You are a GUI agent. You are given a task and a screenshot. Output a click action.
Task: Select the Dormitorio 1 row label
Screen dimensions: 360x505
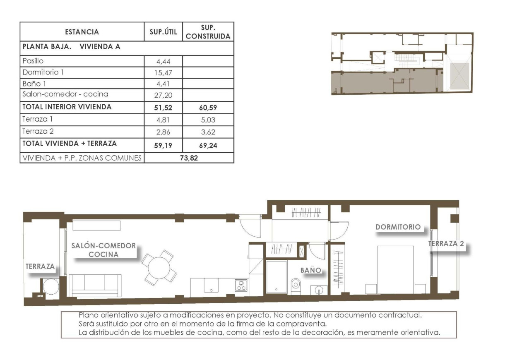coord(43,72)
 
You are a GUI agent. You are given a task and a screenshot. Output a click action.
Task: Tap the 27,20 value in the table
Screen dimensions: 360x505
coord(163,95)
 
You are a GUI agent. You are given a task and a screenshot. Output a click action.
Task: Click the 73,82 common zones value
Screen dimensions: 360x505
coord(189,158)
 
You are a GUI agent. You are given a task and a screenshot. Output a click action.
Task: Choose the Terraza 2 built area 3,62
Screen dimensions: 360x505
coord(208,132)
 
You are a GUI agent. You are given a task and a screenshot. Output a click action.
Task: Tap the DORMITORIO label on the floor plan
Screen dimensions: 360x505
coord(398,227)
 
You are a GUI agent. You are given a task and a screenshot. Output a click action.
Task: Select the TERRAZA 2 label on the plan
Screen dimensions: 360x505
coord(446,244)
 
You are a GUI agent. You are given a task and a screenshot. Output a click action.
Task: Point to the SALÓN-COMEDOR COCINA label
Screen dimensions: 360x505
coord(103,250)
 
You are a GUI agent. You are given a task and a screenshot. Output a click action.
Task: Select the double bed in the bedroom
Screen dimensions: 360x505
coord(395,269)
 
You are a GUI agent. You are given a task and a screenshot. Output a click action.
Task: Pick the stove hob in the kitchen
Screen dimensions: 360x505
coord(241,285)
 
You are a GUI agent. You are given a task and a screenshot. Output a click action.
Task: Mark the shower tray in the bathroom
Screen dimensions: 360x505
coord(276,277)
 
